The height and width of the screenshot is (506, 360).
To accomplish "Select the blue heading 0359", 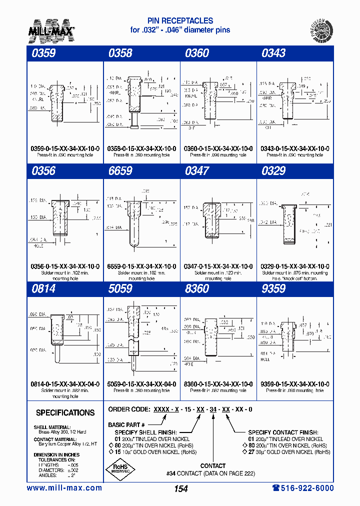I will pyautogui.click(x=43, y=53).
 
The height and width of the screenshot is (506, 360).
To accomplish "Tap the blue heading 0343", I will pyautogui.click(x=273, y=53).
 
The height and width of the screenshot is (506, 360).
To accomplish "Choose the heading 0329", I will pyautogui.click(x=273, y=171).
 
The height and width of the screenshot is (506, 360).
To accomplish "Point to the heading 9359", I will pyautogui.click(x=273, y=289).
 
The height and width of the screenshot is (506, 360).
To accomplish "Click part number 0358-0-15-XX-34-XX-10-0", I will pyautogui.click(x=141, y=149).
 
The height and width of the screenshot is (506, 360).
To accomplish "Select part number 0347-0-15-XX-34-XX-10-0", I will pyautogui.click(x=218, y=266).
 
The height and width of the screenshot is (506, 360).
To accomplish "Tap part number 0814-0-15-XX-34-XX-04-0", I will pyautogui.click(x=65, y=384).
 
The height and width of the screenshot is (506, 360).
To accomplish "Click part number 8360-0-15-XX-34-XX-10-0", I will pyautogui.click(x=218, y=384).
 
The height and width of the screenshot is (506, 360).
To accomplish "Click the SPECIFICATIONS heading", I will pyautogui.click(x=65, y=413).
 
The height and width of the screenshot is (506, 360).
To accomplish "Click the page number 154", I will pyautogui.click(x=180, y=489).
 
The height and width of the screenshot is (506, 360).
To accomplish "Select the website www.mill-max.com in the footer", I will pyautogui.click(x=64, y=488).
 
